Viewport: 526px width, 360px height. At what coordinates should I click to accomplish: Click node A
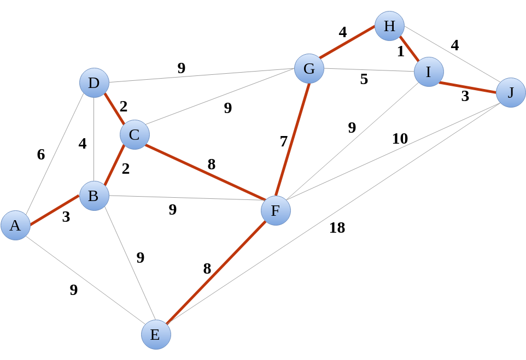click(x=15, y=225)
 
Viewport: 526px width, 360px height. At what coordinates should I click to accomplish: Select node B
click(x=94, y=196)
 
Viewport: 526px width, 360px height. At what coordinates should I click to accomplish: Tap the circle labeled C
click(x=135, y=134)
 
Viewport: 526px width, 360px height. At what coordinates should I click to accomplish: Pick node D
click(x=94, y=83)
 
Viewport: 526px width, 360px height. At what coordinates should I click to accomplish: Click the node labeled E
click(x=156, y=334)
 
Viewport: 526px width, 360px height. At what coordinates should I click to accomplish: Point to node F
click(x=276, y=210)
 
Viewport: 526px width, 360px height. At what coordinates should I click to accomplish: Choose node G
click(x=309, y=69)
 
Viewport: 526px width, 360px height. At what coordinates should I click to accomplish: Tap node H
click(x=389, y=26)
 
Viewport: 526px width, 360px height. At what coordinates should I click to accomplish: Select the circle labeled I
click(x=429, y=72)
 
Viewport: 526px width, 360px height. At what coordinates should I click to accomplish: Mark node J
click(x=511, y=92)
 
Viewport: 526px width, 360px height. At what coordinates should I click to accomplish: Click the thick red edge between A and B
click(x=55, y=210)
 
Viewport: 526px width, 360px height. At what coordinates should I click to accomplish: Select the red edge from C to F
click(x=205, y=173)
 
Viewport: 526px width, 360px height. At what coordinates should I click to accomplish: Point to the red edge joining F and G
click(x=293, y=139)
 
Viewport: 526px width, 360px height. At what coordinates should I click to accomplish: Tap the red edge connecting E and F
click(x=216, y=272)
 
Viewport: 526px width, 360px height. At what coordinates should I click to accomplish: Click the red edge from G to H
click(x=349, y=48)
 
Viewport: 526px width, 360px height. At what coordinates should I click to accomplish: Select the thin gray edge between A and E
click(x=85, y=280)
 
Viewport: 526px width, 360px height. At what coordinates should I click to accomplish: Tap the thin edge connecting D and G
click(x=201, y=76)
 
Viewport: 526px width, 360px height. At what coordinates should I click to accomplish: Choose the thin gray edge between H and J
click(x=450, y=59)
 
